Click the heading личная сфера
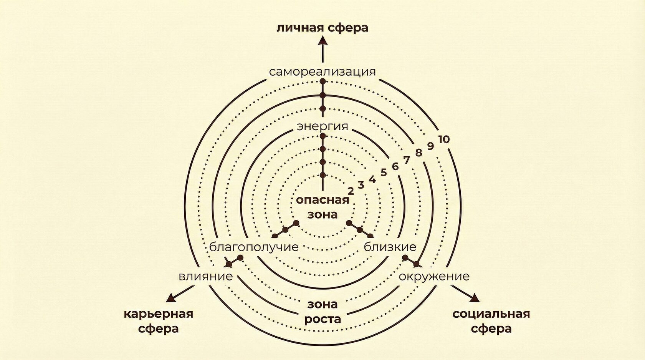tap(322, 28)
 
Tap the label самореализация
tap(322, 72)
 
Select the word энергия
tap(322, 126)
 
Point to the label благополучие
tap(254, 247)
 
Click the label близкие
tap(390, 247)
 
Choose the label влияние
tap(206, 276)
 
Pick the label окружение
tap(434, 276)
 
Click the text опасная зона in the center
tap(322, 207)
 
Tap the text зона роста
tap(322, 312)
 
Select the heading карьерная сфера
tap(158, 321)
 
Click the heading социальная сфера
tap(491, 321)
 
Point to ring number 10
tap(443, 139)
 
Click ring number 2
tap(350, 191)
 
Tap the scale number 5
tap(384, 172)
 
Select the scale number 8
tap(418, 153)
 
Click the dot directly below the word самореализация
tap(322, 81)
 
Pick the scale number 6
tap(395, 166)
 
